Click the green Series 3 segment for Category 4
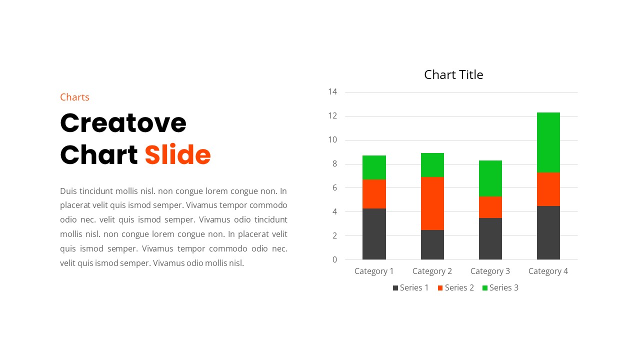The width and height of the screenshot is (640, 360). pyautogui.click(x=548, y=142)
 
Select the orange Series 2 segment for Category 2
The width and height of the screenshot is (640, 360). pyautogui.click(x=432, y=203)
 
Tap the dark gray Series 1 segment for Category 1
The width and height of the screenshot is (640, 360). pyautogui.click(x=374, y=234)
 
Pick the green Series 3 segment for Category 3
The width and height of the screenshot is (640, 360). pyautogui.click(x=490, y=178)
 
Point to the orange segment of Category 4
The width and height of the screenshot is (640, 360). pyautogui.click(x=548, y=189)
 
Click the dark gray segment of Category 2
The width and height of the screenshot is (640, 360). pyautogui.click(x=432, y=244)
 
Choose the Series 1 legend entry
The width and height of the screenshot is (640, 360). pyautogui.click(x=410, y=287)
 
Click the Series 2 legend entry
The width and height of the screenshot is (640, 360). pyautogui.click(x=455, y=287)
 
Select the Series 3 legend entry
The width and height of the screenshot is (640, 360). pyautogui.click(x=500, y=287)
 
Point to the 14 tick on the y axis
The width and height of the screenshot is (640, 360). pyautogui.click(x=333, y=92)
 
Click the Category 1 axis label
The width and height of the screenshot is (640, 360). pyautogui.click(x=374, y=271)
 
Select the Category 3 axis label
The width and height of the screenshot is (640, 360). pyautogui.click(x=490, y=271)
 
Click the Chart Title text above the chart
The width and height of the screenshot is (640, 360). pyautogui.click(x=453, y=75)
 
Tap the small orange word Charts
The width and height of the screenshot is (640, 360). pyautogui.click(x=74, y=97)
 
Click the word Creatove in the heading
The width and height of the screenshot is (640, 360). pyautogui.click(x=123, y=123)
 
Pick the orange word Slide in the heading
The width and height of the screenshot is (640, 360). pyautogui.click(x=177, y=155)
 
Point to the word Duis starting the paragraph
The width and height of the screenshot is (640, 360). pyautogui.click(x=68, y=191)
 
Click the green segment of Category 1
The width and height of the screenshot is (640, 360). pyautogui.click(x=374, y=167)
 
